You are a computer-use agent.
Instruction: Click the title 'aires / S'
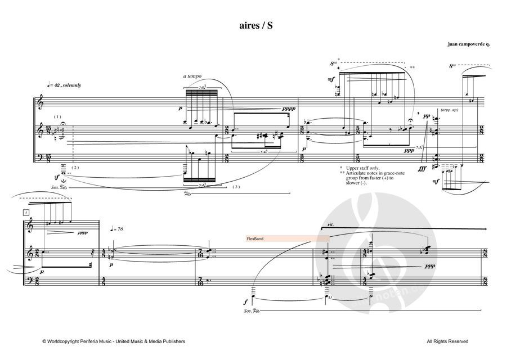click(x=255, y=26)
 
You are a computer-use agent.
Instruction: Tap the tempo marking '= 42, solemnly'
click(x=66, y=85)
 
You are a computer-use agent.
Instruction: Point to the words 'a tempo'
click(x=192, y=76)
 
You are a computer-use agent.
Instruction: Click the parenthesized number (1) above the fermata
click(x=57, y=116)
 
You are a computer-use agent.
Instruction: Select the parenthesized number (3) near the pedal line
click(x=237, y=186)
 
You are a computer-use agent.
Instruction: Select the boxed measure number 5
click(x=26, y=212)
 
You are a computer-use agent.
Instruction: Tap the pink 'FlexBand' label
click(x=255, y=238)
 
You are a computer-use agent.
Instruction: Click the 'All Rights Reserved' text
click(x=447, y=341)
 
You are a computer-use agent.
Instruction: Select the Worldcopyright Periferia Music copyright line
click(x=113, y=341)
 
